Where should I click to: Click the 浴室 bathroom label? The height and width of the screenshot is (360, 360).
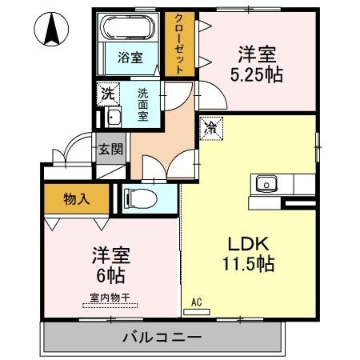130,58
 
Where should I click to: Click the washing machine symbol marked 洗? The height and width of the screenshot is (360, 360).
107,93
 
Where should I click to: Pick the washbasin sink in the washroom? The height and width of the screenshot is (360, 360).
113,118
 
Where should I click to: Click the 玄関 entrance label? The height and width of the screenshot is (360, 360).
110,148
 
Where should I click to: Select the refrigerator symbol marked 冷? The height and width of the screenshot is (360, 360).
211,126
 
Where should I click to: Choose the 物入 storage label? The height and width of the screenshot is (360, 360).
76,199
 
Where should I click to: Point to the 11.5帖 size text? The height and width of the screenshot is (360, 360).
248,263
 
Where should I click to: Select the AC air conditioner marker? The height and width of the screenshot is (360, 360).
196,303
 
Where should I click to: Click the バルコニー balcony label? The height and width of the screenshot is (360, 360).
162,336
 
